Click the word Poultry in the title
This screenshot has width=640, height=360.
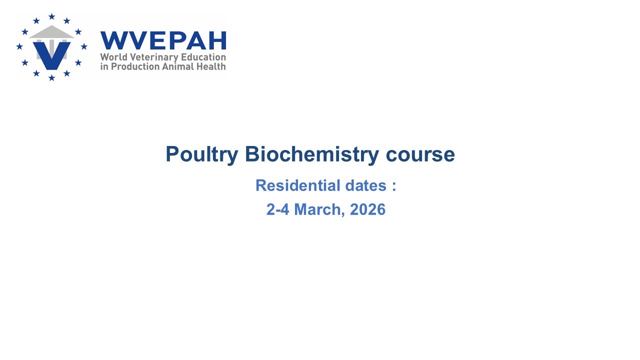coord(201,155)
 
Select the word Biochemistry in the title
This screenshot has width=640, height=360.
coord(312,155)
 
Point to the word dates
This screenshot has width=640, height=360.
coord(365,185)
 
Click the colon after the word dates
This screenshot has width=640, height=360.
coord(394,186)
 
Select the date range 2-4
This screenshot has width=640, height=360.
coord(277,209)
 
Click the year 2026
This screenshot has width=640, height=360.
coord(367,209)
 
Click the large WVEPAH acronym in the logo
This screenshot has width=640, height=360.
coord(163,40)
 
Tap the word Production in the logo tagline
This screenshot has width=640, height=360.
coord(135,66)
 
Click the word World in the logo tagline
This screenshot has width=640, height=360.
coord(113,57)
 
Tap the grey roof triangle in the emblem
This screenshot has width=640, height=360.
coord(51,31)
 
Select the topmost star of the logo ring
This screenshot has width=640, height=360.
coord(51,16)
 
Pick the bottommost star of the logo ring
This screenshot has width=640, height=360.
coord(51,77)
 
